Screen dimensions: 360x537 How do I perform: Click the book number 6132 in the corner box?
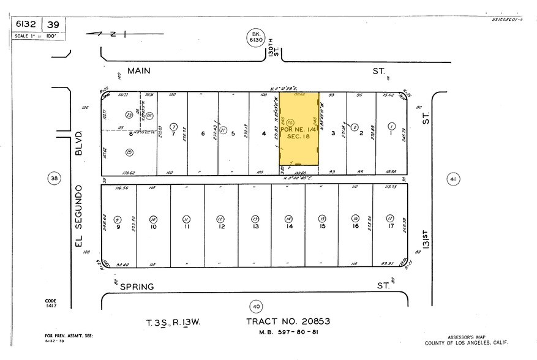[28, 24]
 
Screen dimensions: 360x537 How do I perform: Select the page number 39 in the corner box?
[54, 24]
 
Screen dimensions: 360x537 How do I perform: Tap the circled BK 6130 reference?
[255, 36]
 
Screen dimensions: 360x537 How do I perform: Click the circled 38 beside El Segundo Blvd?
[54, 178]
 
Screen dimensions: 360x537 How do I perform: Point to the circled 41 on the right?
[453, 179]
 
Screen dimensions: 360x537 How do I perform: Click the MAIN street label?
[139, 71]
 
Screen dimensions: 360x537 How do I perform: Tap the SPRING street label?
[136, 286]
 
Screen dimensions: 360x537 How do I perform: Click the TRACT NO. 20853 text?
[287, 321]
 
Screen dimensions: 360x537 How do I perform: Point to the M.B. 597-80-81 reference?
[287, 332]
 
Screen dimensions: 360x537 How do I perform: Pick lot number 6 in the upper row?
[203, 135]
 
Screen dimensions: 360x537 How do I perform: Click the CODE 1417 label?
[50, 303]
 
